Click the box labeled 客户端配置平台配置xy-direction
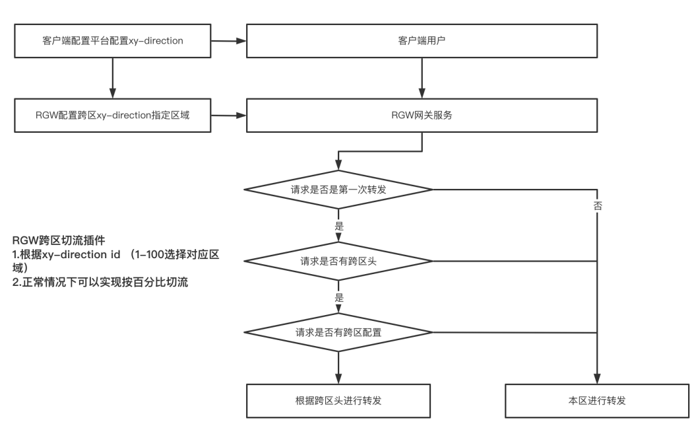click(112, 41)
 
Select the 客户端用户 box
click(422, 41)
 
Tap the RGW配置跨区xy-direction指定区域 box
click(112, 116)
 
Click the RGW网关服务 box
click(422, 116)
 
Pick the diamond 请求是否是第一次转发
click(338, 190)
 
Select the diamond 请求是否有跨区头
click(338, 261)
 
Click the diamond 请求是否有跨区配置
click(338, 332)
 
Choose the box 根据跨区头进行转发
click(338, 401)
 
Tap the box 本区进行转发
click(597, 401)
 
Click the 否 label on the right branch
click(598, 205)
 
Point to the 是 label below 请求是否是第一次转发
click(339, 226)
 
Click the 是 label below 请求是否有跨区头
click(339, 297)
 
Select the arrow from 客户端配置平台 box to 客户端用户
click(228, 41)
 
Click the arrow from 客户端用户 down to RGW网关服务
click(422, 78)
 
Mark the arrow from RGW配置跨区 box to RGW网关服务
click(228, 116)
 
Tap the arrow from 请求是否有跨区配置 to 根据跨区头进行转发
click(338, 367)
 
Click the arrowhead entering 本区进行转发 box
click(597, 378)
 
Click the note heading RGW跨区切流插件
click(59, 240)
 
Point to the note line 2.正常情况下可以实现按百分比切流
click(100, 283)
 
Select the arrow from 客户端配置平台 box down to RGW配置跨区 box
click(112, 78)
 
